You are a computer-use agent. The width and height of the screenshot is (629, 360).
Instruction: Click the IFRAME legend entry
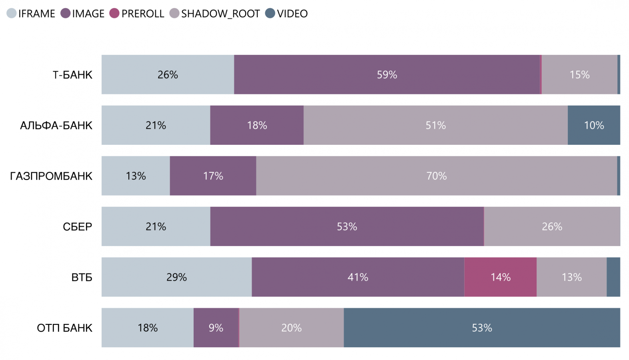click(31, 14)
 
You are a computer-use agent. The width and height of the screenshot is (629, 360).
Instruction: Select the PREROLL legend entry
click(137, 14)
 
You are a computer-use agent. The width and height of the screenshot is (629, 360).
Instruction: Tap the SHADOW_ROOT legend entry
click(215, 14)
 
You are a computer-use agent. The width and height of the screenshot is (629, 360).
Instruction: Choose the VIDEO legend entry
click(286, 14)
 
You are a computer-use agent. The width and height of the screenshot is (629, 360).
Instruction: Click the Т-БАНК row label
click(72, 75)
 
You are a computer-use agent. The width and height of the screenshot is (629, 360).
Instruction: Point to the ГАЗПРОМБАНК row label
click(51, 176)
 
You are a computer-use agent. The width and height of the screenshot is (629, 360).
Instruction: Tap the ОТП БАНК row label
click(64, 328)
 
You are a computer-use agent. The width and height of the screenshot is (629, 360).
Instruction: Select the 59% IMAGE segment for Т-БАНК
click(387, 75)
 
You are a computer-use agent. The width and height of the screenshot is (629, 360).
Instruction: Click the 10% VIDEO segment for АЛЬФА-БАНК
click(594, 125)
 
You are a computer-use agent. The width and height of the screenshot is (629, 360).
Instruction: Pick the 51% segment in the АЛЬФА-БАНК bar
click(435, 125)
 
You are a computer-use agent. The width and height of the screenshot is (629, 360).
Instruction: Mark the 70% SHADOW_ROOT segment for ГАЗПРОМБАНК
click(436, 176)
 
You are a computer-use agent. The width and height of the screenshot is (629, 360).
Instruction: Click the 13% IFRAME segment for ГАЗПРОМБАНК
click(136, 176)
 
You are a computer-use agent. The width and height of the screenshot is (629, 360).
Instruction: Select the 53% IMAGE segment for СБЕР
click(347, 226)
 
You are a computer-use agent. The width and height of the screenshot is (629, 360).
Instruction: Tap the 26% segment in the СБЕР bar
click(552, 226)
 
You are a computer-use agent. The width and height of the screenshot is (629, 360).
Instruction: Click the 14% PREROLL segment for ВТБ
click(500, 277)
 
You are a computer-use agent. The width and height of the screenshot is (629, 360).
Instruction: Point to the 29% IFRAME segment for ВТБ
click(176, 277)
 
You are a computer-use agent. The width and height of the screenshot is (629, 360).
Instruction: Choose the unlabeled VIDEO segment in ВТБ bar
click(613, 277)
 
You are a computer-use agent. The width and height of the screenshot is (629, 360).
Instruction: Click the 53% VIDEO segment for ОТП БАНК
click(482, 328)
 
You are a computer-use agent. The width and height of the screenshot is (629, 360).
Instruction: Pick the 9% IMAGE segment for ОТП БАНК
click(216, 328)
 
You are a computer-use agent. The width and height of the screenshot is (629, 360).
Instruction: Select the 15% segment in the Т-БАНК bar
click(579, 75)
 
